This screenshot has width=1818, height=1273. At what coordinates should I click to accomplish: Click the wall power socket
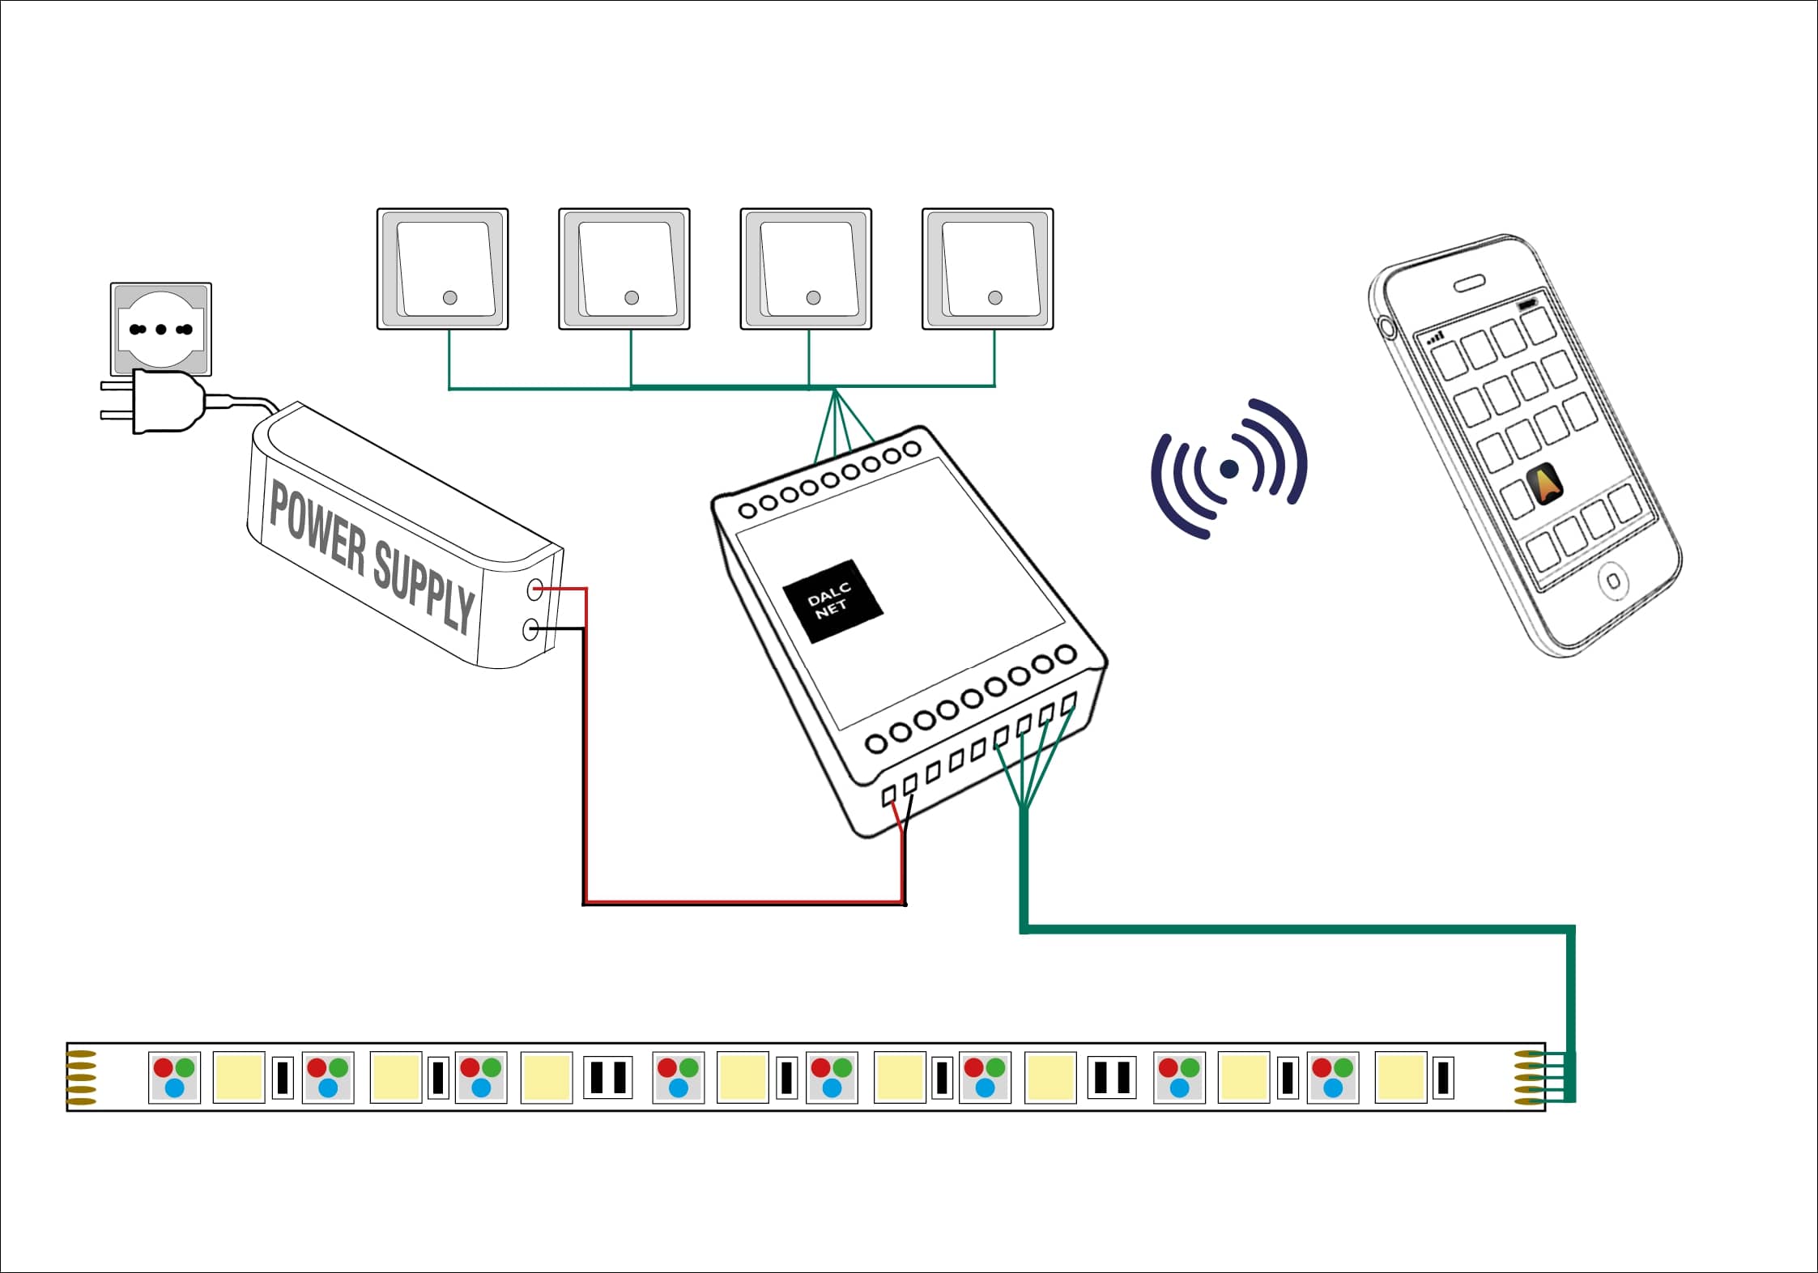pyautogui.click(x=160, y=329)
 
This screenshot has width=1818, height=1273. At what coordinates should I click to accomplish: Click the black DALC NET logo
pyautogui.click(x=832, y=602)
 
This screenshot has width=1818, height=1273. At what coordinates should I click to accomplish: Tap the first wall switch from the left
pyautogui.click(x=442, y=269)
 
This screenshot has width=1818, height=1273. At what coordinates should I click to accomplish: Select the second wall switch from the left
pyautogui.click(x=624, y=269)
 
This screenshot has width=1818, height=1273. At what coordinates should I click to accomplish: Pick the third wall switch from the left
pyautogui.click(x=806, y=269)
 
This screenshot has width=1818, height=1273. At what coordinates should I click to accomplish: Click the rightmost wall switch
pyautogui.click(x=987, y=269)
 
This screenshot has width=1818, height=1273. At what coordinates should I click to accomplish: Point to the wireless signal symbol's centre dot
pyautogui.click(x=1228, y=468)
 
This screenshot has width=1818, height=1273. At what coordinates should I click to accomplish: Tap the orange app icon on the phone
pyautogui.click(x=1545, y=483)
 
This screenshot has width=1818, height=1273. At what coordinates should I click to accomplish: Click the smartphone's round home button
pyautogui.click(x=1612, y=581)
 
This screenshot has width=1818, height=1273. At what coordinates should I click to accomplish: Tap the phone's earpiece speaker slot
pyautogui.click(x=1468, y=283)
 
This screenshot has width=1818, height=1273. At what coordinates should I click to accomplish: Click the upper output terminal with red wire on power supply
pyautogui.click(x=534, y=590)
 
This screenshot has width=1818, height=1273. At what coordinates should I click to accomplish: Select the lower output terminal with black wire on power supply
pyautogui.click(x=531, y=628)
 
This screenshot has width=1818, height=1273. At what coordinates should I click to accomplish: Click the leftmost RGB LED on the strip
pyautogui.click(x=174, y=1077)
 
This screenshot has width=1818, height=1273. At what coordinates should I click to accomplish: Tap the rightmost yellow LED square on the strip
pyautogui.click(x=1400, y=1077)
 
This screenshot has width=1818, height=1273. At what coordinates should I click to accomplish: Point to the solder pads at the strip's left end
pyautogui.click(x=81, y=1077)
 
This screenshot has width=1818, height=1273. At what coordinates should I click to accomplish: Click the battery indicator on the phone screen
pyautogui.click(x=1526, y=304)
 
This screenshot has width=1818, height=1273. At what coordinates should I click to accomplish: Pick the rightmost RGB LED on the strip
pyautogui.click(x=1333, y=1077)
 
